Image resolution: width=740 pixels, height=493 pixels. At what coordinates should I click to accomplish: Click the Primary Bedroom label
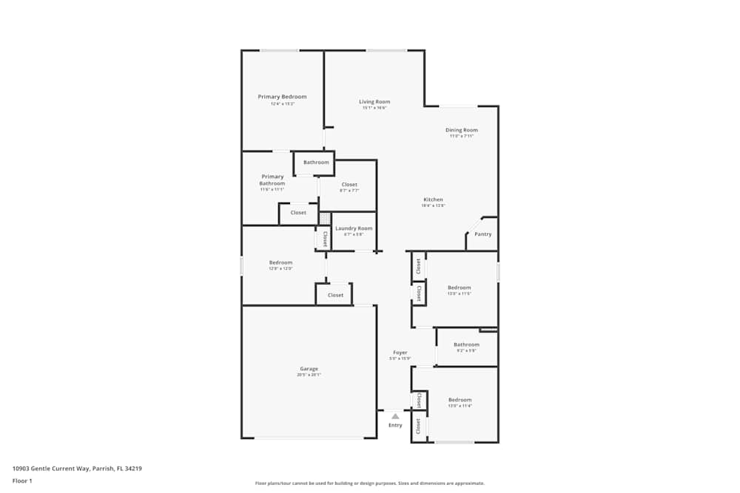282,97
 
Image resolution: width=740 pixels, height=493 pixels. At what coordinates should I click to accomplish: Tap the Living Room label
374,102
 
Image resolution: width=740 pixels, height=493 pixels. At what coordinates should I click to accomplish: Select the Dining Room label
461,130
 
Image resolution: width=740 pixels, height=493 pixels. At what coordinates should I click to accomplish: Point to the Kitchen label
433,200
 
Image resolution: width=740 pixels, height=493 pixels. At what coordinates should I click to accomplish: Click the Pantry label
482,234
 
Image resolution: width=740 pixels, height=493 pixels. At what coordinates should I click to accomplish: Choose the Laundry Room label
354,228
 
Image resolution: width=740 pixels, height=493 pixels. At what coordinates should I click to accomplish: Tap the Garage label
309,369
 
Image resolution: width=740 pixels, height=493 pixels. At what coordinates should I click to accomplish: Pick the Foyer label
400,353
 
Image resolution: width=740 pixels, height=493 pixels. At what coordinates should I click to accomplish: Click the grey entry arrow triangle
395,416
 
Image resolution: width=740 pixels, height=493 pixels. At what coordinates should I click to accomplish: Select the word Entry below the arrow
395,425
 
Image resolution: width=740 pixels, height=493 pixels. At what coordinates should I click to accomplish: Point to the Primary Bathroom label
272,180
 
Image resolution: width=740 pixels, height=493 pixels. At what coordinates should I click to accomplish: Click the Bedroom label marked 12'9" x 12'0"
280,262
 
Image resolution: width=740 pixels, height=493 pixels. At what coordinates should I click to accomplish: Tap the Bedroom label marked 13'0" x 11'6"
459,288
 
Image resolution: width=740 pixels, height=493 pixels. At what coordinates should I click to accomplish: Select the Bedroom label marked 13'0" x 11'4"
460,400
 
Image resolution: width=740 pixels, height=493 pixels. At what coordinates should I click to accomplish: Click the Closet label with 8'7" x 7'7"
349,185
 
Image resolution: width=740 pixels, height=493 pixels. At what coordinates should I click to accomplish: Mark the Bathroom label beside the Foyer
466,344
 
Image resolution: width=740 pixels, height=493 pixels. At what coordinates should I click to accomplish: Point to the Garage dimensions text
309,375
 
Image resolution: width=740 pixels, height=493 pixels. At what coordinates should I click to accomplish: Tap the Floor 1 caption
22,480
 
